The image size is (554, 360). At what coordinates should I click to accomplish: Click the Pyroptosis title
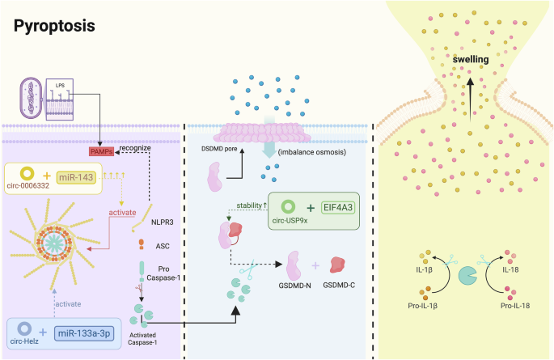click(x=54, y=26)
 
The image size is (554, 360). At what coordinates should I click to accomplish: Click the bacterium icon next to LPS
click(x=32, y=98)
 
